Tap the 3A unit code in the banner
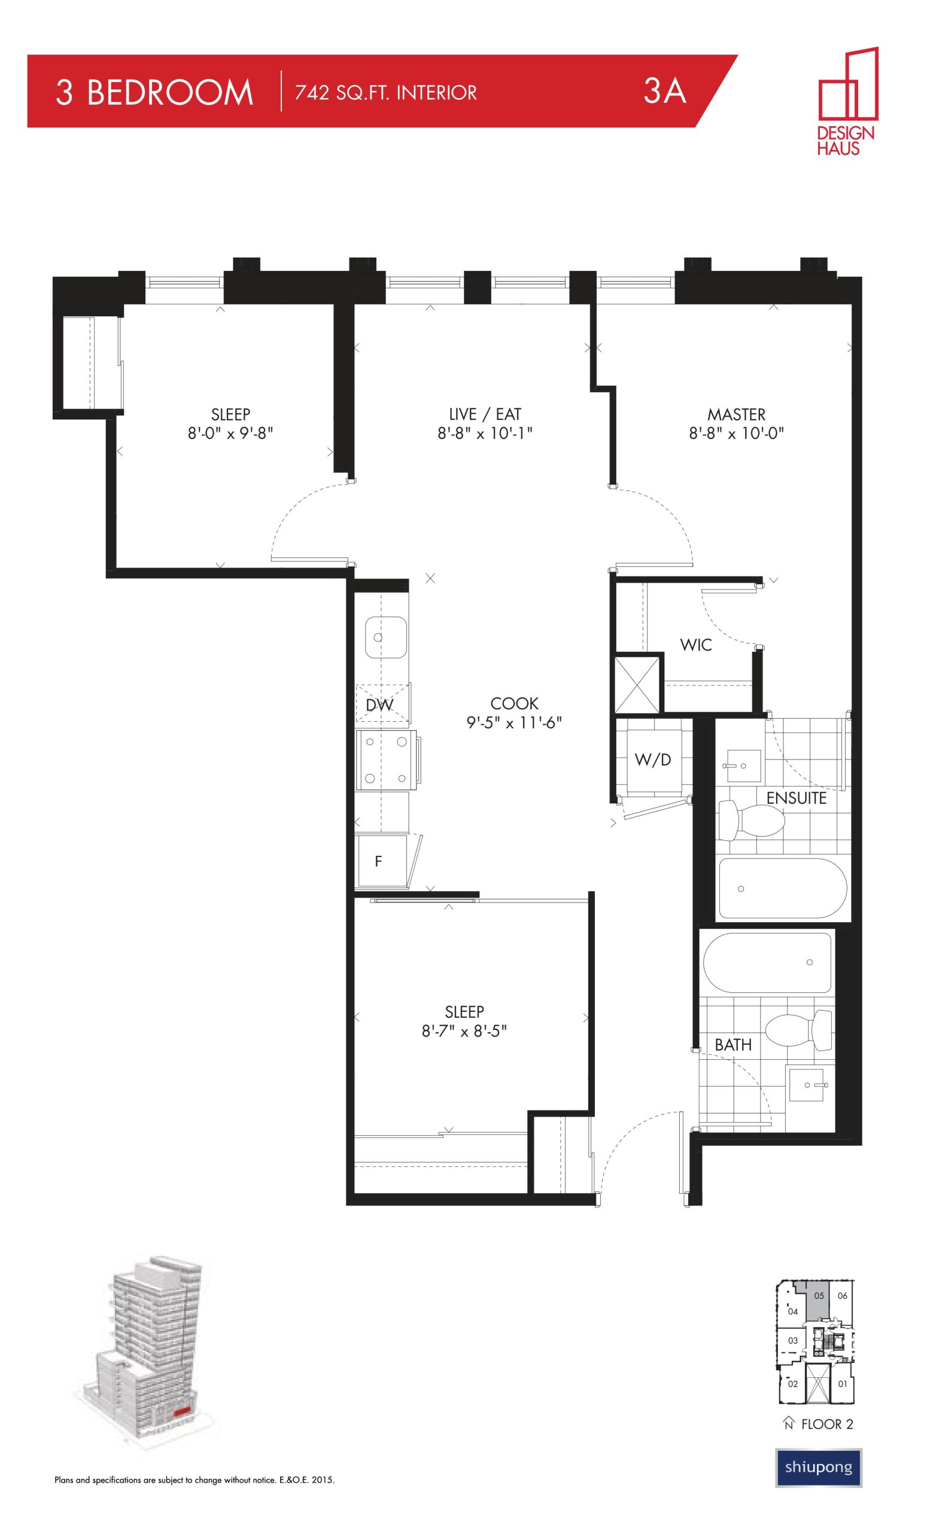(x=664, y=92)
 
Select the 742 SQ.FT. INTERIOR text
(x=385, y=93)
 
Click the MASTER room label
(x=736, y=414)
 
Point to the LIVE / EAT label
(x=485, y=414)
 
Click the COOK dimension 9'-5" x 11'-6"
(x=514, y=722)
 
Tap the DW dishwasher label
(x=379, y=704)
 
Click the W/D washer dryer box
(x=653, y=759)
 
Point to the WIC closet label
(x=695, y=645)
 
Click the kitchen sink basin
(x=385, y=637)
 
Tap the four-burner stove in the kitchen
(x=385, y=760)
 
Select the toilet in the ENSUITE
(x=751, y=820)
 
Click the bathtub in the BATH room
(x=767, y=963)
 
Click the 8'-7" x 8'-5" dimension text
(x=464, y=1032)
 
